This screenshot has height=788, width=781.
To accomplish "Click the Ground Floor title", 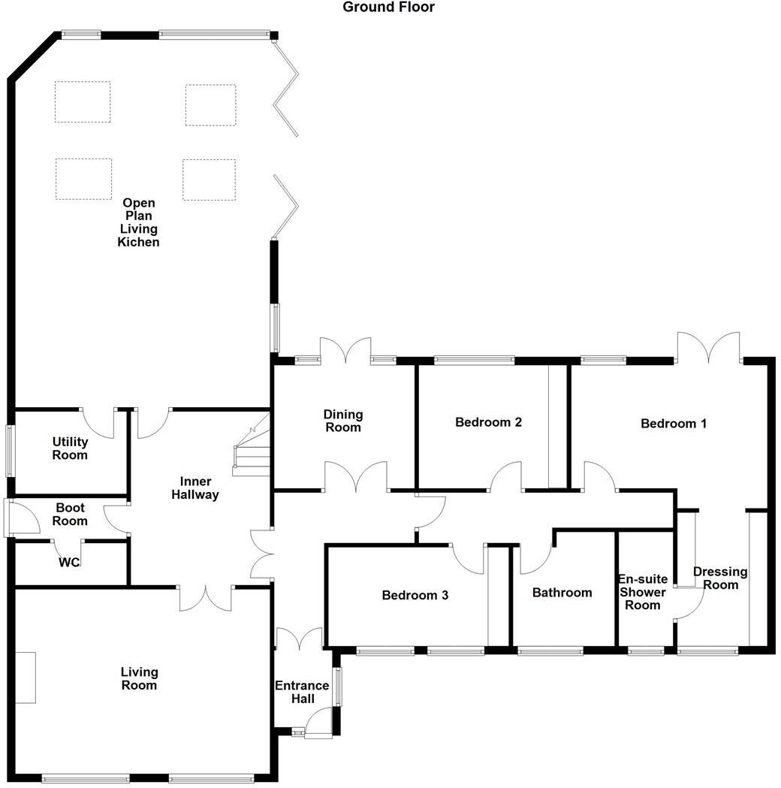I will coord(388,8).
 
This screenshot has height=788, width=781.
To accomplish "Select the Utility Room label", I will coord(70,448).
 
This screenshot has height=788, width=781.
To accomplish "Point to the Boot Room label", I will coord(70,515).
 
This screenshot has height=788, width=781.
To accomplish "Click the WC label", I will coord(71,562).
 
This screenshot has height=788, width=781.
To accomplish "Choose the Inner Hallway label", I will coord(194,488).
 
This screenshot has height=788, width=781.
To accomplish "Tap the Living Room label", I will coord(139,678).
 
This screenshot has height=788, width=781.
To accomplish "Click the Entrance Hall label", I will coord(301,692).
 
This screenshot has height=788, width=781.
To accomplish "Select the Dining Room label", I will coord(343,421).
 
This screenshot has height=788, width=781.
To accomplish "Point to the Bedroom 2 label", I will coord(488,422).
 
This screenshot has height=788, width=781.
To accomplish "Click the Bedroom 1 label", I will coord(674,424).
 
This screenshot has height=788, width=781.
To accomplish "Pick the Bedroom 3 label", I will coord(415,596).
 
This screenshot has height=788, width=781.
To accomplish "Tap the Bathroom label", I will coord(562,593).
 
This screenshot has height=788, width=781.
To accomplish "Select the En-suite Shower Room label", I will coord(643,592).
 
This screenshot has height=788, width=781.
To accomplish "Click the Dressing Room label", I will coord(720,578).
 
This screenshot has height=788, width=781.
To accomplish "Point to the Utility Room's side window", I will coord(10,450).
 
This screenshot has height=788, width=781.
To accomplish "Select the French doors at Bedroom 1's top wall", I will coord(708,348).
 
